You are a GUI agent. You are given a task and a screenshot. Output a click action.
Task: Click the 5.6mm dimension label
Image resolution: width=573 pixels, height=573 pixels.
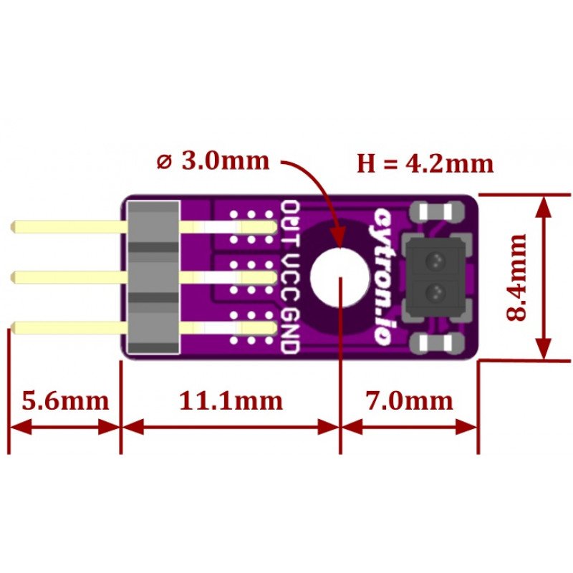point(64,400)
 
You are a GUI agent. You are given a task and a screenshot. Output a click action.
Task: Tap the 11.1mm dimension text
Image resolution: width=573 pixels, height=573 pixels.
point(231,400)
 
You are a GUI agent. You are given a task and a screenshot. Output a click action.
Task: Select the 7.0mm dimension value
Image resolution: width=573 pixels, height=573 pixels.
point(408,400)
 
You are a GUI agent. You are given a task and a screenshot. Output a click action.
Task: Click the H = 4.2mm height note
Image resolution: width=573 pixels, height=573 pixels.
point(425,164)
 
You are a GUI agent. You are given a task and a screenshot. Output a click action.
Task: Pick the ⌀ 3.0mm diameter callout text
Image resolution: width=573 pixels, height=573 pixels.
point(214,160)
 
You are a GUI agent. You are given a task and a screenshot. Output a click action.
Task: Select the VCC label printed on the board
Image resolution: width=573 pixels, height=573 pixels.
point(290,276)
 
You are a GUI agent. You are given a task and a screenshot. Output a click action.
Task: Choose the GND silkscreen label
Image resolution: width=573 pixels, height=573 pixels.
point(290,331)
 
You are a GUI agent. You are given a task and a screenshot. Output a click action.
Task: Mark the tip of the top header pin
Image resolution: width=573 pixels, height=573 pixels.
point(14,228)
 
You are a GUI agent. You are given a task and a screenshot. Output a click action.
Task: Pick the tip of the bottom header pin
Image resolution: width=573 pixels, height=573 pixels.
point(14,328)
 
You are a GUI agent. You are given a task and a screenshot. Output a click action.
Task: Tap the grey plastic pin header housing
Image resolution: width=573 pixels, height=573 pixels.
point(153,277)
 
